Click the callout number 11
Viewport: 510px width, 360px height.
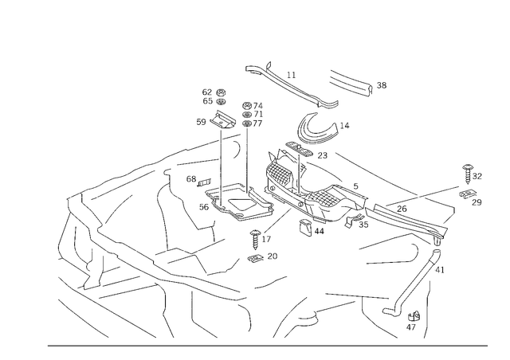pos(292,75)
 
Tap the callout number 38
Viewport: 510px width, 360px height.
pos(382,85)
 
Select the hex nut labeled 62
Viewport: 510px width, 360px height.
pos(222,92)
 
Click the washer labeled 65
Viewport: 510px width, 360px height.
pos(222,101)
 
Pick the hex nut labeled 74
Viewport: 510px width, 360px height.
pos(247,105)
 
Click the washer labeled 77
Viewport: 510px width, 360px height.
pos(247,123)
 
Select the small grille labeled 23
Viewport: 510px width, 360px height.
pos(299,149)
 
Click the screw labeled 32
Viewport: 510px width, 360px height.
pos(468,174)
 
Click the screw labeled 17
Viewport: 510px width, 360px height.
pos(255,240)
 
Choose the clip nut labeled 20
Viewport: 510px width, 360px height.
pos(256,258)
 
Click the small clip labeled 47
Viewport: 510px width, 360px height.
pos(414,315)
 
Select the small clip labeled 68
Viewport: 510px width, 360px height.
pos(204,182)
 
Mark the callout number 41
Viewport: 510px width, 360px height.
pos(439,270)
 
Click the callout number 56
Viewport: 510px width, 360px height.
pos(204,207)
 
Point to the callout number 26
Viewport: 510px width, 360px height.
pos(402,209)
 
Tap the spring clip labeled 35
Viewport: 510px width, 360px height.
pos(352,221)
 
